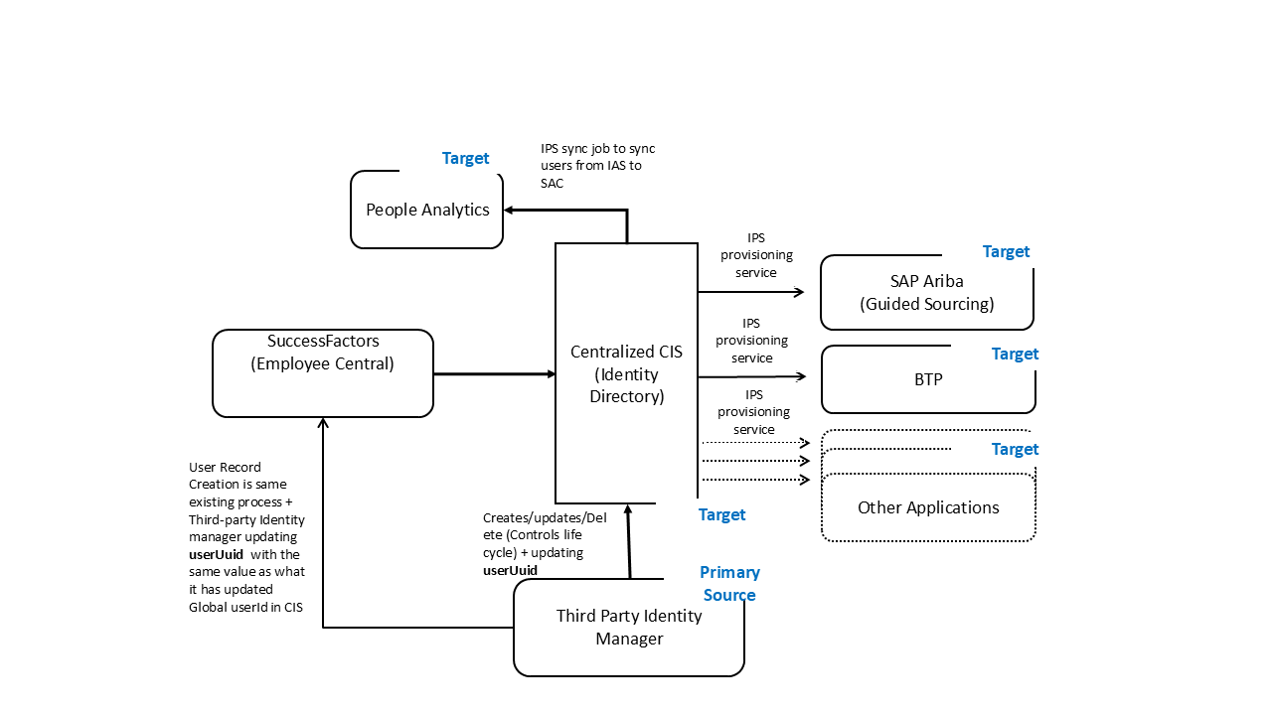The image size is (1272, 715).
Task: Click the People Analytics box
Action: tap(427, 210)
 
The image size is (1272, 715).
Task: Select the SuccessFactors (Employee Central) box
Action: tap(322, 373)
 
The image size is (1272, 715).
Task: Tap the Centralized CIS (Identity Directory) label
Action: tap(626, 373)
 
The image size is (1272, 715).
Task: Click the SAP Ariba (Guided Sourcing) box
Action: tap(926, 293)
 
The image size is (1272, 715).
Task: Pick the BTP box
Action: tap(928, 379)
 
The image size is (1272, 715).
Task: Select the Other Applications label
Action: tap(928, 507)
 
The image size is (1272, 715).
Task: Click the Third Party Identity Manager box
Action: tap(628, 628)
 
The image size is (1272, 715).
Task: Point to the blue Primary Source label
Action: tap(729, 584)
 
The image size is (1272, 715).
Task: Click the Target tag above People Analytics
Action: tap(465, 158)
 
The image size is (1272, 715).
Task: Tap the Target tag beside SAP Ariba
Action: tap(1006, 251)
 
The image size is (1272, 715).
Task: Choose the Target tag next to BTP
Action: tap(1015, 354)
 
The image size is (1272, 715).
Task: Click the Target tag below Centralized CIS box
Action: tap(721, 514)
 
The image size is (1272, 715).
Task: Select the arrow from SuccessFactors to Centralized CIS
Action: tap(494, 374)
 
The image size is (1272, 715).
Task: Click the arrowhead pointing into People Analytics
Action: tap(509, 210)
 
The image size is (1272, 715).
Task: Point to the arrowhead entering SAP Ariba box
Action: tap(799, 292)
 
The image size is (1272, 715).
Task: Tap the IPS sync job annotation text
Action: tap(597, 166)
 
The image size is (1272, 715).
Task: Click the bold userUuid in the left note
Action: tap(216, 554)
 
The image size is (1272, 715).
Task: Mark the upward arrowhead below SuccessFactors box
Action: tap(323, 423)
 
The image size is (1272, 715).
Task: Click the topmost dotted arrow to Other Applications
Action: tap(755, 443)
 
